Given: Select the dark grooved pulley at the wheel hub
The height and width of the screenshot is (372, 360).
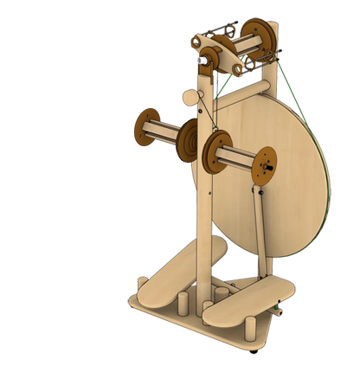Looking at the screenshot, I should click(x=190, y=138).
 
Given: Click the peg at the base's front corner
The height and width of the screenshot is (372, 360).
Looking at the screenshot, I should click(x=248, y=330).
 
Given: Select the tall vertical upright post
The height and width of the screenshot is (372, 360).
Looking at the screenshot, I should click(x=203, y=216).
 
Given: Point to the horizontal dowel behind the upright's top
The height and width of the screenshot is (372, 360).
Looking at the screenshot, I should click(x=247, y=89).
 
